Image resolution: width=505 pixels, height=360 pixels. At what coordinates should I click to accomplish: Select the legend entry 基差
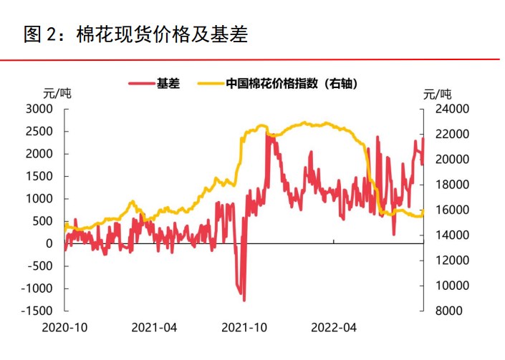tap(168, 83)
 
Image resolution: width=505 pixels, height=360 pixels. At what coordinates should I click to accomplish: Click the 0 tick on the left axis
tap(50, 243)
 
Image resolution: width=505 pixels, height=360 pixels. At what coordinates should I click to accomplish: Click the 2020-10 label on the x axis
tap(65, 329)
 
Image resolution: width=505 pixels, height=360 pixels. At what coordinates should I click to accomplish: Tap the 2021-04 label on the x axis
tap(155, 329)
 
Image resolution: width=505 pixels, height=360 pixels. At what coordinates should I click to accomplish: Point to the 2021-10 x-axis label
tap(244, 329)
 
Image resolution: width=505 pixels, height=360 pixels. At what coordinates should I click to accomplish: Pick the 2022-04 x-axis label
tap(334, 329)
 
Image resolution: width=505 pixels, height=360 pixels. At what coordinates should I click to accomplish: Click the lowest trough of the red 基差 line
tap(244, 300)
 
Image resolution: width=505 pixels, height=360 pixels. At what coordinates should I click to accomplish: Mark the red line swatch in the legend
tap(141, 83)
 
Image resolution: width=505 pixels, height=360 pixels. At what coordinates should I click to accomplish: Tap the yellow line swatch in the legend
tap(210, 83)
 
